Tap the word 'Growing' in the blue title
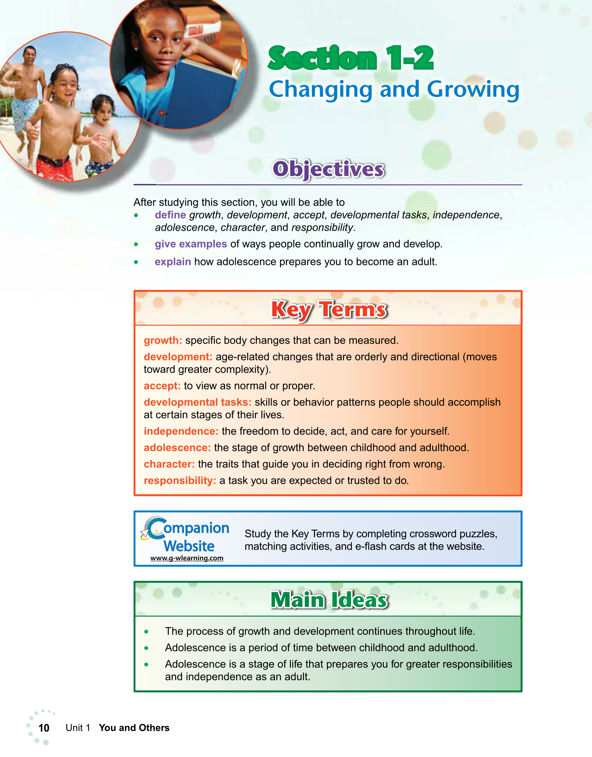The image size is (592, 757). (473, 89)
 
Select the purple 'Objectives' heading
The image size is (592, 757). (328, 169)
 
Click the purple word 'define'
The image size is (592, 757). (170, 215)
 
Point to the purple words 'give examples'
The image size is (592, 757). (191, 244)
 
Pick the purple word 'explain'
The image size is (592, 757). (173, 262)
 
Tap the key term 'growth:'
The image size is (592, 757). (163, 340)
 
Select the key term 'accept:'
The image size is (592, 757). (162, 386)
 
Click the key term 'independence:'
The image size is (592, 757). (181, 431)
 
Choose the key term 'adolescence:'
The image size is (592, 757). (177, 448)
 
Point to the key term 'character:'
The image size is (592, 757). (169, 464)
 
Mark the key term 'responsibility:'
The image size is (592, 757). (180, 481)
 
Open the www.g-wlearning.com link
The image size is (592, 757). (187, 558)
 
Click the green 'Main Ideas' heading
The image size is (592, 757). (329, 600)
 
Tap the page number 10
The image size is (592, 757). (44, 728)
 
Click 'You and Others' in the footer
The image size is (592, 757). (134, 728)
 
